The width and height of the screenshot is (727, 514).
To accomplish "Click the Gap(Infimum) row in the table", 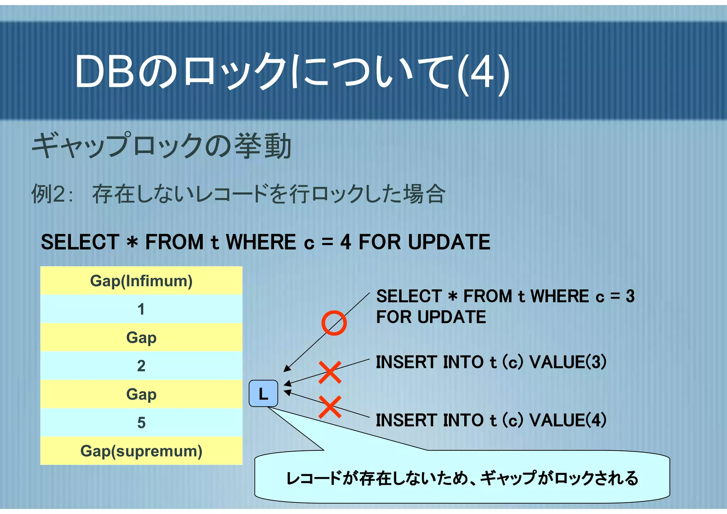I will (x=141, y=281).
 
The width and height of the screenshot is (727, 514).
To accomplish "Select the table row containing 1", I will (x=141, y=309).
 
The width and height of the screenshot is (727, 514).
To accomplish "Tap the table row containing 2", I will (x=141, y=366).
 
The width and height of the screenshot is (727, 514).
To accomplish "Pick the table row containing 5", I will (x=141, y=423).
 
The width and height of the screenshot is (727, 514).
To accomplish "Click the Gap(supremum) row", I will (x=141, y=451).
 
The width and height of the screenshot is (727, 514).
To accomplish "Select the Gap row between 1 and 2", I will (x=141, y=337).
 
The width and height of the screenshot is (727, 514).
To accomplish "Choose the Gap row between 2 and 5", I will (x=141, y=394).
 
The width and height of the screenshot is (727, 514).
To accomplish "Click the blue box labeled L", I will (x=263, y=394).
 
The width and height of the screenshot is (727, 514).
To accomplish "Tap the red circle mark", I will (x=334, y=323).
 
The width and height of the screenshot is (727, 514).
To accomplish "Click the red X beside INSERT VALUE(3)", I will (x=330, y=372).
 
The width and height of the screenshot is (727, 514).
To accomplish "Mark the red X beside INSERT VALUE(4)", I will (x=330, y=407).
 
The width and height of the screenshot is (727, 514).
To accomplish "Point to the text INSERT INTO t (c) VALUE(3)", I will (x=491, y=362).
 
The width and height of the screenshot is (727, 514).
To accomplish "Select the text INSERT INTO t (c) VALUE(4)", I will (x=491, y=420).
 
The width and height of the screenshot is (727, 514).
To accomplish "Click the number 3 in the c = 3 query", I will (x=630, y=296).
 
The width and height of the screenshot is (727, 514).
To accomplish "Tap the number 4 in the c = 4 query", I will (x=345, y=242).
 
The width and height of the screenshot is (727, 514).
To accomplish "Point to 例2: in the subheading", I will (x=53, y=194).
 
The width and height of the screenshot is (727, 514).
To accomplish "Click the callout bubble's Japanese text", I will (x=462, y=478).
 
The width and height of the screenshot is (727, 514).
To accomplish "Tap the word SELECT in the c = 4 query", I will (x=80, y=242).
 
